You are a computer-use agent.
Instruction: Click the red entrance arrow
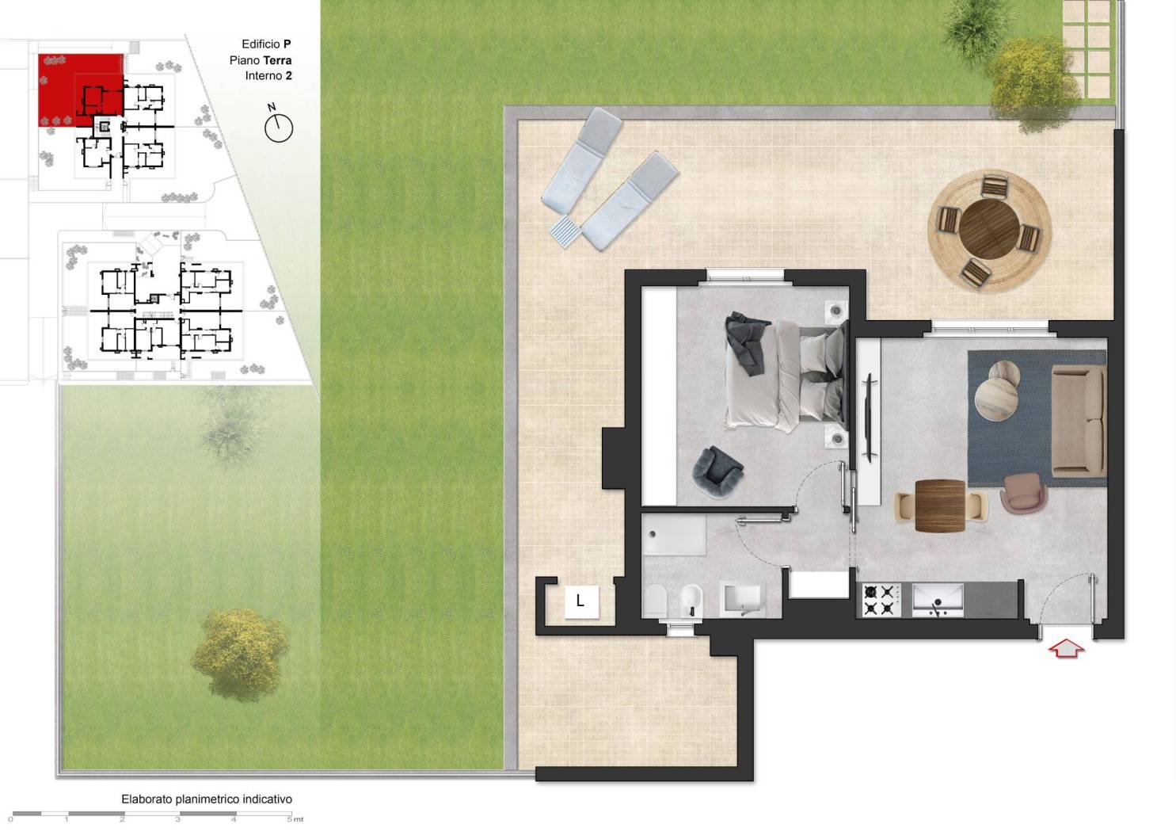pyautogui.click(x=1066, y=648)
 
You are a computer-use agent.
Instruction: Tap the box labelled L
pyautogui.click(x=581, y=601)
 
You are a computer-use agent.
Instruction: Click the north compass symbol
pyautogui.click(x=278, y=125)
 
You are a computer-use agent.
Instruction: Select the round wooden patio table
pyautogui.click(x=989, y=229)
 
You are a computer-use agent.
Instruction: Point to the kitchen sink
pyautogui.click(x=938, y=600)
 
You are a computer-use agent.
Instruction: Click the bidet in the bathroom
pyautogui.click(x=691, y=601)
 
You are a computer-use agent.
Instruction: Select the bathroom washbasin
pyautogui.click(x=742, y=600)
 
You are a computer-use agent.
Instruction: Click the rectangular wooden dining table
pyautogui.click(x=940, y=506)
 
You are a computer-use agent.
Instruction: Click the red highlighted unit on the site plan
pyautogui.click(x=80, y=90)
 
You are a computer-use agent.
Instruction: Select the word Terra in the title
pyautogui.click(x=278, y=60)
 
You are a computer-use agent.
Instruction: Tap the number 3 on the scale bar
pyautogui.click(x=178, y=819)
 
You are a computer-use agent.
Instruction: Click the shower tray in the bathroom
pyautogui.click(x=675, y=533)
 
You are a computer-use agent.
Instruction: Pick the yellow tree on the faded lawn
pyautogui.click(x=240, y=654)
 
